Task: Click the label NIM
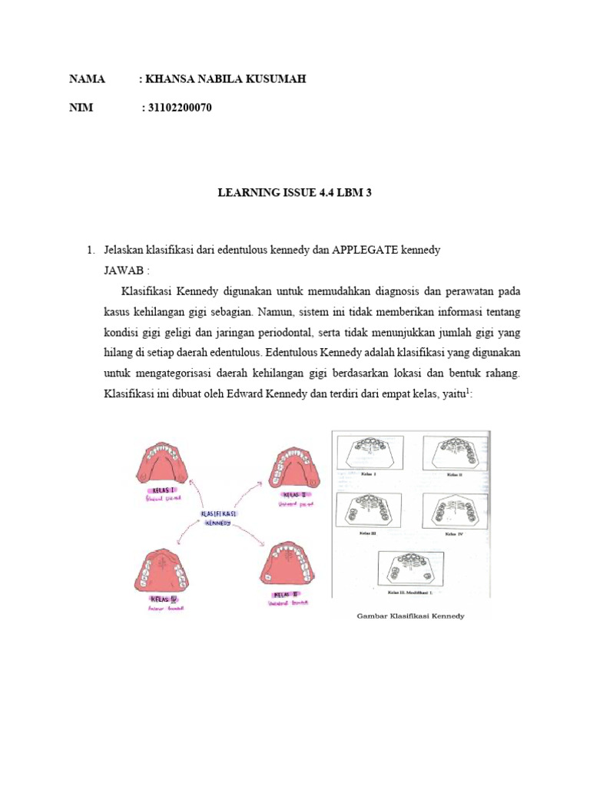(x=81, y=108)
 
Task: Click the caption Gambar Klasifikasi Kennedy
(x=411, y=616)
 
